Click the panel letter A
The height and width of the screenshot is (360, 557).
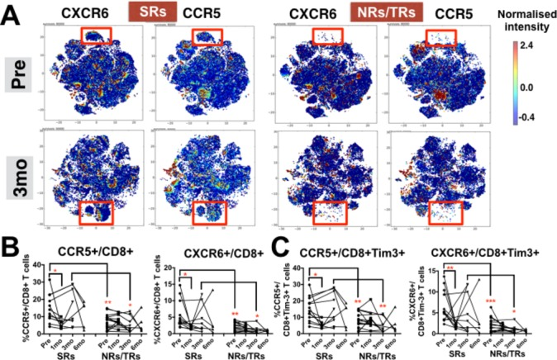[x=12, y=14]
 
